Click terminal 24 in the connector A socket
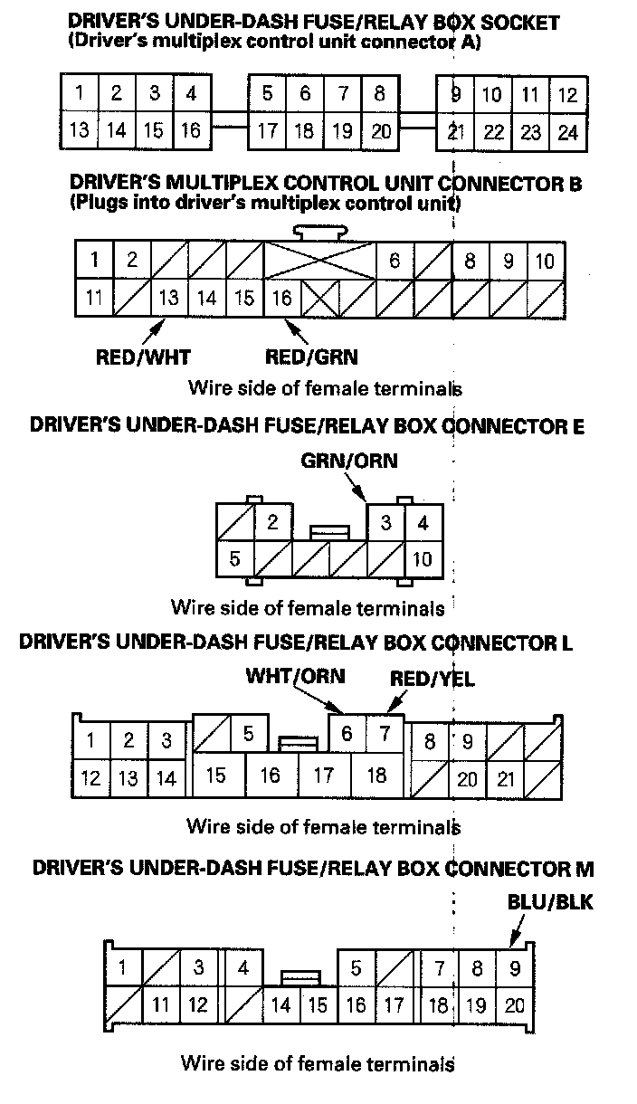coord(567,132)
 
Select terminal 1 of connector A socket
coord(80,93)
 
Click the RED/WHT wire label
coord(144,356)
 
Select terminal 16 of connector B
coord(281,297)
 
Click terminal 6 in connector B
coord(395,262)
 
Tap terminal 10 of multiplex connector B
coord(545,262)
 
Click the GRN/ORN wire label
coord(349,462)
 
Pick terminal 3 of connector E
coord(385,523)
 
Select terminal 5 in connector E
coord(234,558)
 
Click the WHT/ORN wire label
coord(296,676)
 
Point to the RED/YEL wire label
coord(432,678)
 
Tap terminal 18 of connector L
coord(376,776)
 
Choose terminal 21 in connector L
coord(507,778)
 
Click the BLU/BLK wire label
coord(549,903)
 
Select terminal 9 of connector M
coord(515,969)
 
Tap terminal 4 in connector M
coord(243,969)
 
